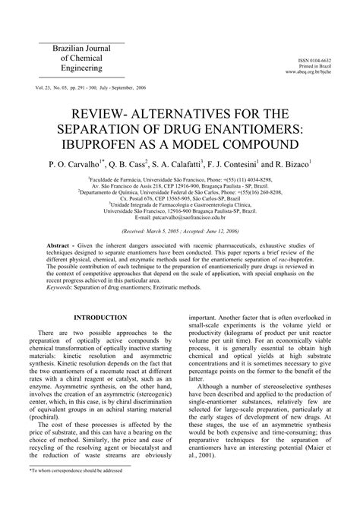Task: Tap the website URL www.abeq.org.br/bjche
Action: tap(314, 73)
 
